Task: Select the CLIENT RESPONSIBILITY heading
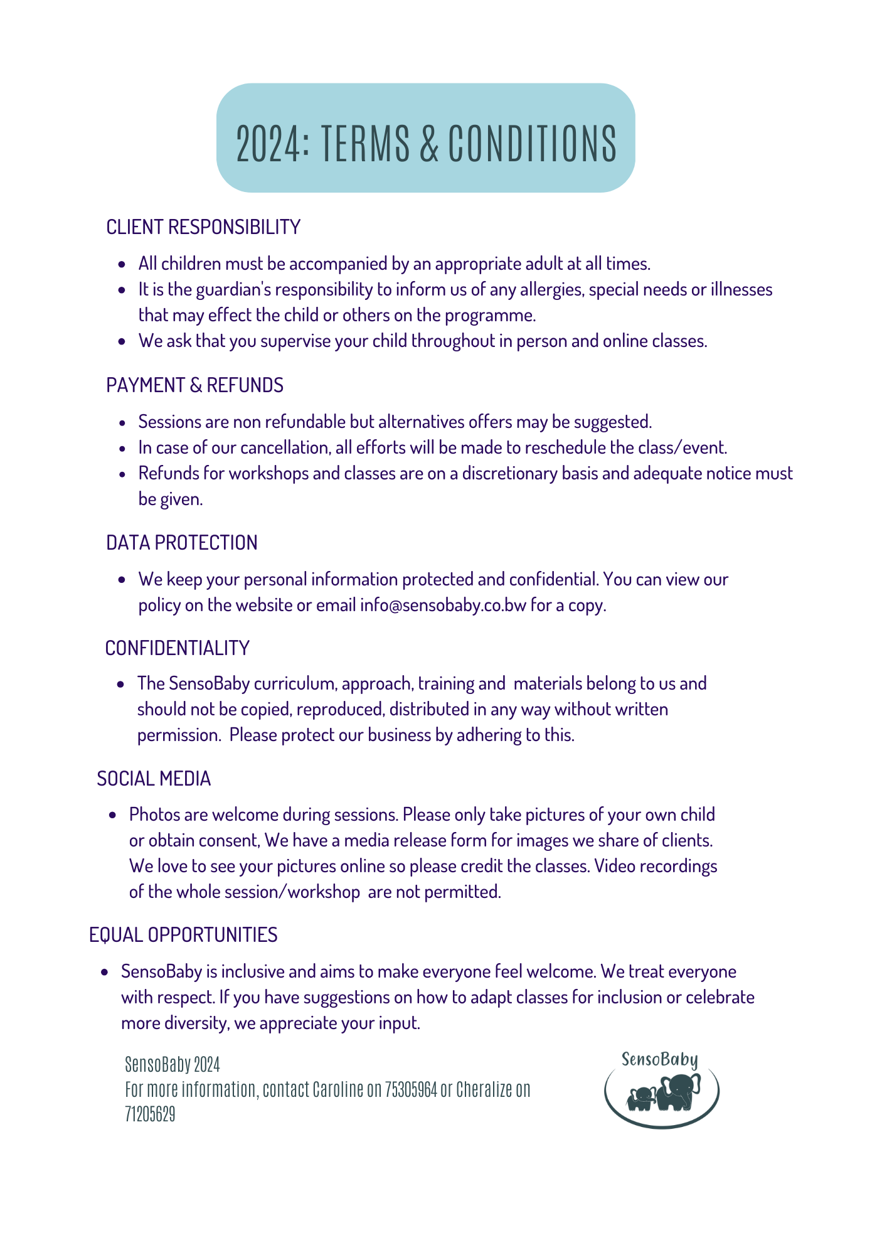(203, 227)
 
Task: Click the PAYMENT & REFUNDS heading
(194, 385)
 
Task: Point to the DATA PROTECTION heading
(182, 543)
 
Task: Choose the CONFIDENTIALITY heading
(178, 648)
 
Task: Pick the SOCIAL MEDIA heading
(154, 779)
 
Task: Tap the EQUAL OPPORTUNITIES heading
(183, 935)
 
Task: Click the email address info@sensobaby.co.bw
(443, 606)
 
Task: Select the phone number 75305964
(411, 1089)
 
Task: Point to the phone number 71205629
(150, 1114)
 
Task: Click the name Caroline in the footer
(338, 1089)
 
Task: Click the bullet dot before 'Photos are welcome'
(113, 816)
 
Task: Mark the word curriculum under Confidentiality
(295, 683)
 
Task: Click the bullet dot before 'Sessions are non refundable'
(122, 423)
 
